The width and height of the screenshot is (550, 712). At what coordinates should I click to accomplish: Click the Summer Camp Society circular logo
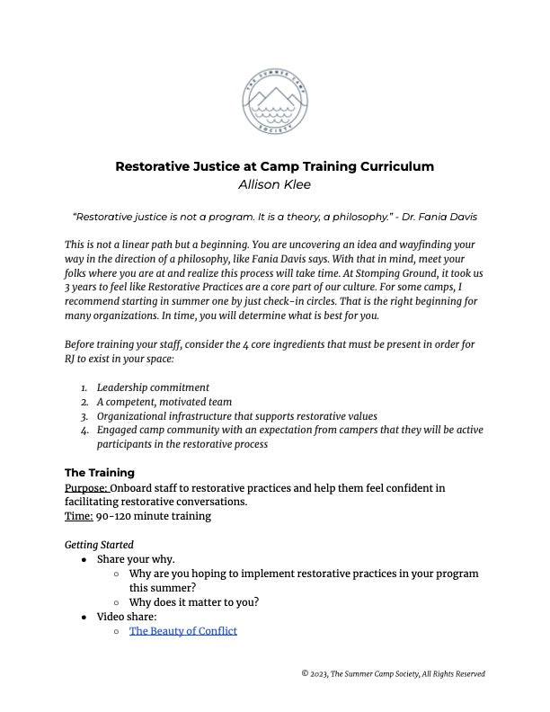[x=275, y=101]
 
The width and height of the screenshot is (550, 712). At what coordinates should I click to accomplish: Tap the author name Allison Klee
[x=274, y=185]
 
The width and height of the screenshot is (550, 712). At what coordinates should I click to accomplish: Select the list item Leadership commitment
[x=153, y=387]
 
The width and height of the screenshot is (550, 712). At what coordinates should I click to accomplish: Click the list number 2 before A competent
[x=84, y=402]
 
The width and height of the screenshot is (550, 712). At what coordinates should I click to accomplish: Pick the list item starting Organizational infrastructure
[x=237, y=416]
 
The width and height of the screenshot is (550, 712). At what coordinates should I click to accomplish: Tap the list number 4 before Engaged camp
[x=84, y=430]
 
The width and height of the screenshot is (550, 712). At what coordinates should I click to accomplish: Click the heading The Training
[x=100, y=473]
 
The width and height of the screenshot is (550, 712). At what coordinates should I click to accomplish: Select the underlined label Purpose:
[x=86, y=488]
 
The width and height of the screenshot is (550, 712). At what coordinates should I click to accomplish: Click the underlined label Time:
[x=78, y=516]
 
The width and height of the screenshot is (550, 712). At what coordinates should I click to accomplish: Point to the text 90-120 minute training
[x=153, y=516]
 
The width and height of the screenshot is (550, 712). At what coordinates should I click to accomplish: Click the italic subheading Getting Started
[x=99, y=545]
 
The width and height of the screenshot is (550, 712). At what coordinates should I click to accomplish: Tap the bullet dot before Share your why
[x=84, y=559]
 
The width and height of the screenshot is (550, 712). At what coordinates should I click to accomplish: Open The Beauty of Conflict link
[x=183, y=631]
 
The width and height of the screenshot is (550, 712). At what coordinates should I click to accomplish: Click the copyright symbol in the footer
[x=305, y=674]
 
